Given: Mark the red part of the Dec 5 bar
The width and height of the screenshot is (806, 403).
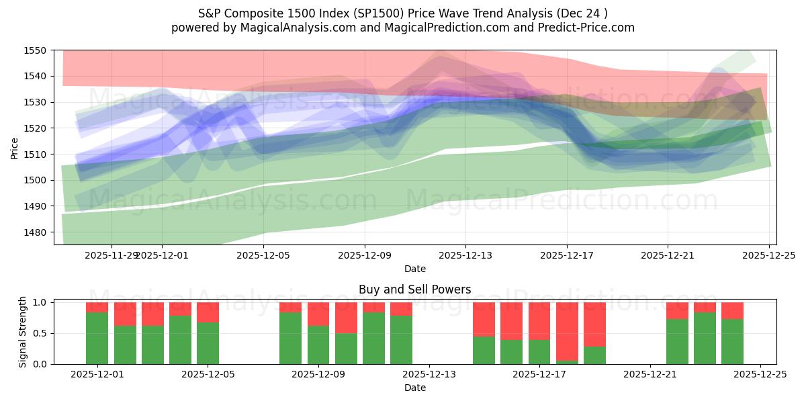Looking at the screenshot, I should tap(208, 312).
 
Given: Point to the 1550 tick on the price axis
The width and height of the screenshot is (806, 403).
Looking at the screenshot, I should tap(35, 50).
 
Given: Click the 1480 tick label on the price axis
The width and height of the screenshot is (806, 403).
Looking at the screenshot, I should tap(35, 232).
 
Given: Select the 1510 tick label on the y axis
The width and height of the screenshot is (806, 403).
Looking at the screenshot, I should tap(35, 154).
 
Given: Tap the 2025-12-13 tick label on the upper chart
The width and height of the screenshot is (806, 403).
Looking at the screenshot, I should tap(465, 255).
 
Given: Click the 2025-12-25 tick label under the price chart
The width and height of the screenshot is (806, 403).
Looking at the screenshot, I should tap(768, 255).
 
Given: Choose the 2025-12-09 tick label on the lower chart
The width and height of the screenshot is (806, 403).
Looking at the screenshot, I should tap(318, 374).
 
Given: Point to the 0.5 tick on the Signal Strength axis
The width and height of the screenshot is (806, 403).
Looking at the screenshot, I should tap(40, 333).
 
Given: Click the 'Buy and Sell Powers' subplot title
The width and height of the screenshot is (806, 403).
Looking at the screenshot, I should tap(414, 290).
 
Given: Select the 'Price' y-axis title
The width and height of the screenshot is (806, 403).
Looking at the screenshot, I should tap(15, 148).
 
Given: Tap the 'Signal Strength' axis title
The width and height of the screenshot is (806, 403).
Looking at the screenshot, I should tap(23, 332).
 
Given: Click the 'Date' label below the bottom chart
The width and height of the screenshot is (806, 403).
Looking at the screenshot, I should tap(414, 388).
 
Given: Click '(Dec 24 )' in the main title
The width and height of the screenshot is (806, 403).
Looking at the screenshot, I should tap(580, 13).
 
